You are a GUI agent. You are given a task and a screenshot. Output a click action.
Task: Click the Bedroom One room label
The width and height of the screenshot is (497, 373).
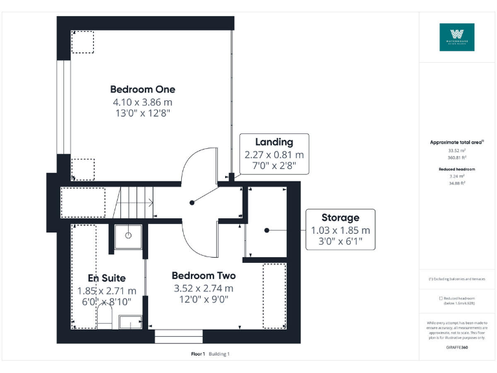click(142, 89)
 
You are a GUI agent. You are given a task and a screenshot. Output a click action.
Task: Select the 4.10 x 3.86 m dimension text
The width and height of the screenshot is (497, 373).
click(142, 102)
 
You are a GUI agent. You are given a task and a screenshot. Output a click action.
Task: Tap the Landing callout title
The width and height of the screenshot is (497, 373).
click(274, 142)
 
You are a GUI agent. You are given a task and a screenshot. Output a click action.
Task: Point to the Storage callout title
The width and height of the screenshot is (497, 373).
click(340, 218)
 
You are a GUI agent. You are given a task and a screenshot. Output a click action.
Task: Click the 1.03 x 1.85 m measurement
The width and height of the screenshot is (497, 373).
click(340, 231)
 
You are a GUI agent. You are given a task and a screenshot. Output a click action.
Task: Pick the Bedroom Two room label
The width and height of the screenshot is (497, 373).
click(203, 276)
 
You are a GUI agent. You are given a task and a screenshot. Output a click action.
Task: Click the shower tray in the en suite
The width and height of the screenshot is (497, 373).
click(128, 236)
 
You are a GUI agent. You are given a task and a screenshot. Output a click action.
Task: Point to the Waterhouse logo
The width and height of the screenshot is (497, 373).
click(457, 38)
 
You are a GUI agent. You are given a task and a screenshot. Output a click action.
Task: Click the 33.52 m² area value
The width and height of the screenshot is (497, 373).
click(457, 150)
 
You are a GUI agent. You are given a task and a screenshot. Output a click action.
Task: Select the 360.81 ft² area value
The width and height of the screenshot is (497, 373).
click(457, 157)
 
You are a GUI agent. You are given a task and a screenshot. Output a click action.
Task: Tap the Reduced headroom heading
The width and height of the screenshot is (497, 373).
click(457, 168)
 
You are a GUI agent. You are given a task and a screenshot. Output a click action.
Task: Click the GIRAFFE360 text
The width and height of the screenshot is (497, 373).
click(457, 348)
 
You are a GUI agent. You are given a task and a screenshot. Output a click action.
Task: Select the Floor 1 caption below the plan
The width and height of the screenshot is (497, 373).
click(198, 354)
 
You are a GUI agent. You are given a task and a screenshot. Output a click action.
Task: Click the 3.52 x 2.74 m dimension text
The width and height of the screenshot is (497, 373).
click(203, 289)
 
